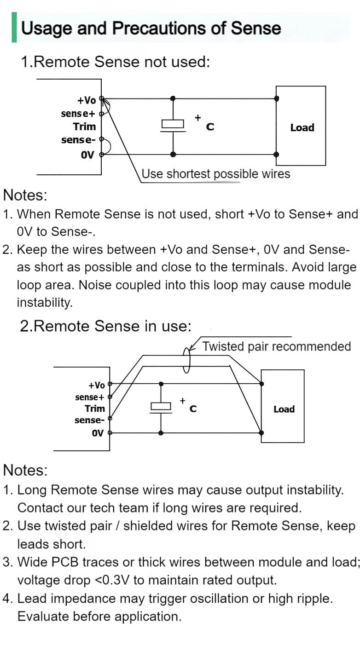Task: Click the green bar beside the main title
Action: click(x=14, y=27)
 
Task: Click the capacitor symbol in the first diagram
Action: click(x=173, y=126)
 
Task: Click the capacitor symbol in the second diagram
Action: click(x=161, y=408)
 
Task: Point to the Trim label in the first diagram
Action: click(x=84, y=127)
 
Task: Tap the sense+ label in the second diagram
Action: click(x=89, y=397)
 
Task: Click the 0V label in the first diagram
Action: click(x=87, y=155)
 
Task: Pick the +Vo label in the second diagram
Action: click(x=96, y=385)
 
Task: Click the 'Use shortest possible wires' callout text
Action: click(x=216, y=174)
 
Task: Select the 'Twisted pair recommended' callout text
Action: click(x=276, y=346)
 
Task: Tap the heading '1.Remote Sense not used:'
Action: click(x=115, y=62)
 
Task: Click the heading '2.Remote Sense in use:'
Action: click(x=105, y=326)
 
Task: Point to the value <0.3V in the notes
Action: click(x=112, y=580)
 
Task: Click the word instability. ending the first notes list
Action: click(x=45, y=303)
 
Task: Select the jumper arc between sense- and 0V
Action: click(x=109, y=146)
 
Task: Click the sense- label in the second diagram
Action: click(x=89, y=420)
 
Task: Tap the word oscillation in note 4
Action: click(x=219, y=599)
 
